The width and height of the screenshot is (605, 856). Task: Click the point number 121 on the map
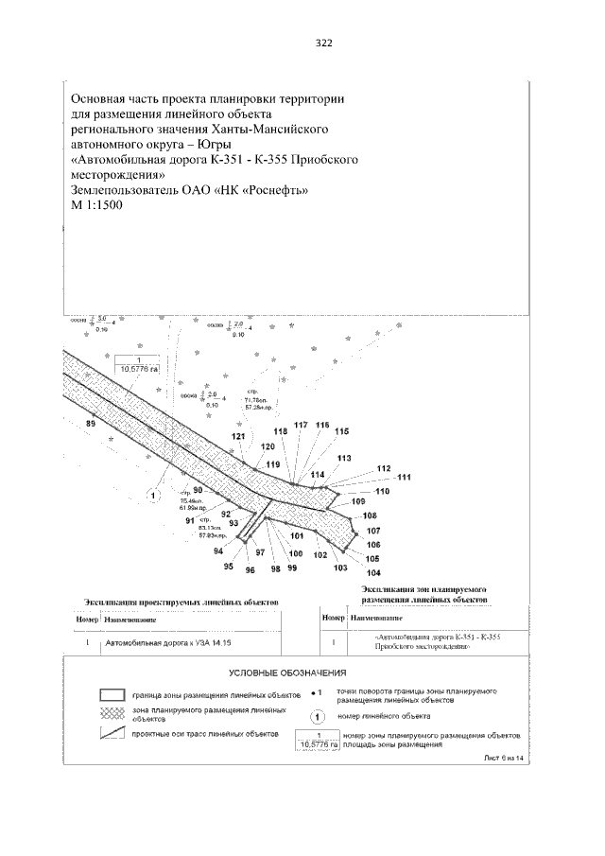238,436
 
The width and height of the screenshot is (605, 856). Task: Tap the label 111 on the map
404,478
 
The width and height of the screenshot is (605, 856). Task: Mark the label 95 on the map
228,566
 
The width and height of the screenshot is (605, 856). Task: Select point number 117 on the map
302,426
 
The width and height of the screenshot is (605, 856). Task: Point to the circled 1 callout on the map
151,493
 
